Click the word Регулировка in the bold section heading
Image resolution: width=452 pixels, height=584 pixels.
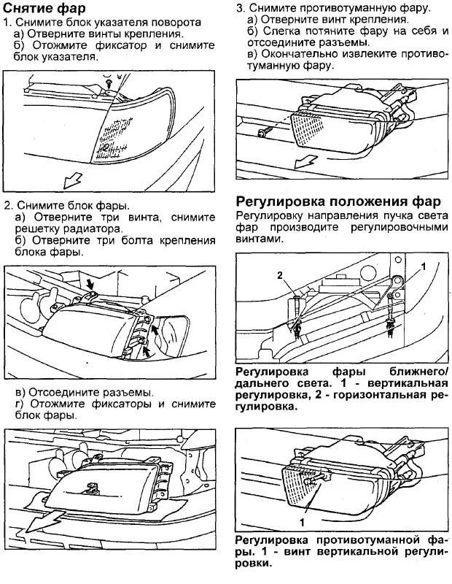280,201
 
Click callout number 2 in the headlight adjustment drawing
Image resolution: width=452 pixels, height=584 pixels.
278,275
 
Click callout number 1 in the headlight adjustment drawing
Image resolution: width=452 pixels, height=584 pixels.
422,268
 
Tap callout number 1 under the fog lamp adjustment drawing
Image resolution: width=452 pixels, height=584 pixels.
300,523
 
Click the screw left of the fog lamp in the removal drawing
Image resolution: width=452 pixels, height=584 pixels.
263,131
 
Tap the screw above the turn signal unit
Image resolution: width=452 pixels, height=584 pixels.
108,85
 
